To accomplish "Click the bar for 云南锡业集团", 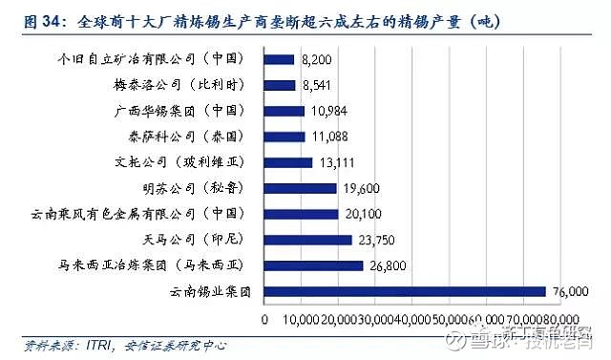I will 405,291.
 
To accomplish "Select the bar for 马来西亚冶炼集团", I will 314,265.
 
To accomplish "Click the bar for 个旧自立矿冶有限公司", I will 280,59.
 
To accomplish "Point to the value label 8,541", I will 316,85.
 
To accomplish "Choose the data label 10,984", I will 326,111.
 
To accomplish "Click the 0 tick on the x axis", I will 264,320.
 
